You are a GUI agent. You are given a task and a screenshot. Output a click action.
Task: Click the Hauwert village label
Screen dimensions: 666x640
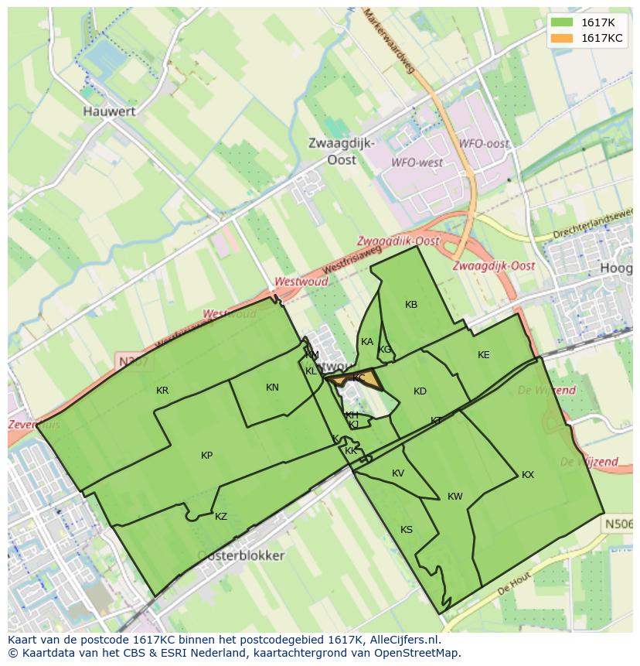109,111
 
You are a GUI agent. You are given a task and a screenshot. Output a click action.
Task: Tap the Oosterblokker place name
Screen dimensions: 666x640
240,555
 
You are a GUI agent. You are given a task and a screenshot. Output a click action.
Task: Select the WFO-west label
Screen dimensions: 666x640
417,163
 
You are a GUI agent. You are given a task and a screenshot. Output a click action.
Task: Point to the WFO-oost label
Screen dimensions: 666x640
484,144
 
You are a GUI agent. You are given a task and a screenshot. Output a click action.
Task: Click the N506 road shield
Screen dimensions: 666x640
618,524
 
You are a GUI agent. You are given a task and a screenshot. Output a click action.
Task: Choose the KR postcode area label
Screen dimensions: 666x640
162,391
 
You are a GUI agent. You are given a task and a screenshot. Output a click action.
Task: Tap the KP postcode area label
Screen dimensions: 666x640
206,456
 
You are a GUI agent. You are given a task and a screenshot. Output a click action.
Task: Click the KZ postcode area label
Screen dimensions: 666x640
221,517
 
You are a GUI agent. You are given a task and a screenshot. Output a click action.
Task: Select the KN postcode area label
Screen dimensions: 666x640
272,388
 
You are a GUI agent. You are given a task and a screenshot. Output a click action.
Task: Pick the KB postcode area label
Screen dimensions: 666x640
411,305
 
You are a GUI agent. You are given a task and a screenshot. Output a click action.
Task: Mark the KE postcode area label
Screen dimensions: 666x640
484,355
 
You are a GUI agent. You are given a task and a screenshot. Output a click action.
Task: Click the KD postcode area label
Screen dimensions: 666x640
420,391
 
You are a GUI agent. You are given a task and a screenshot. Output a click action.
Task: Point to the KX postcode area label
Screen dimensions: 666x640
528,475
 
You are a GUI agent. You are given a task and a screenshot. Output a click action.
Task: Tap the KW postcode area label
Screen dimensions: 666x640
454,497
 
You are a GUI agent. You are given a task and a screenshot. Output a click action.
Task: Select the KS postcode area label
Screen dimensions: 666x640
407,530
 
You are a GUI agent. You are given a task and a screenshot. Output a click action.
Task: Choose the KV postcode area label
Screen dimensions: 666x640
398,473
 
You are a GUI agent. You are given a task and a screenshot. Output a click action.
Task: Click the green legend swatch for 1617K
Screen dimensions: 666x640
562,22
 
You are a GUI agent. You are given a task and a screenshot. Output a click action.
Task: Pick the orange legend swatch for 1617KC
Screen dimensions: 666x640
562,38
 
